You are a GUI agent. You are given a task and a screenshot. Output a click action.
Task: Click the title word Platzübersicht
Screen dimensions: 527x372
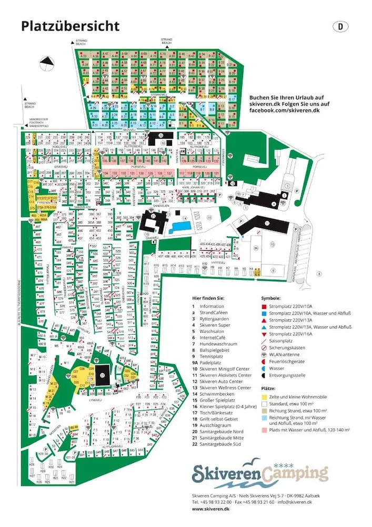click(x=70, y=26)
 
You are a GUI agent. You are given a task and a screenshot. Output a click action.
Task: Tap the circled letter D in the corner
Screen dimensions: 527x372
click(x=340, y=26)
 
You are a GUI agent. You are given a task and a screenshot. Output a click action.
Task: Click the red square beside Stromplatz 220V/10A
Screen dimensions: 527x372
click(x=264, y=306)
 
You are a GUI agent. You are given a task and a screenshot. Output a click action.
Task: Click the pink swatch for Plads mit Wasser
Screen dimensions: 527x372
click(x=264, y=430)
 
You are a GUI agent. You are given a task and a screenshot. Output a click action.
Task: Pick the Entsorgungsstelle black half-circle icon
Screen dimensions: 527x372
click(x=264, y=375)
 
